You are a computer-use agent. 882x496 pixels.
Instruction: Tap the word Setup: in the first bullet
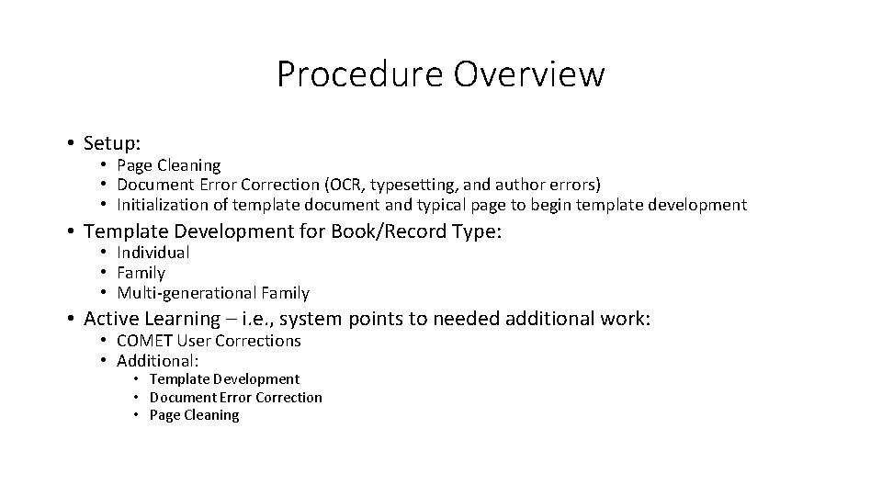(112, 143)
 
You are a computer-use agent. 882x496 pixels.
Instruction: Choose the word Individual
(153, 253)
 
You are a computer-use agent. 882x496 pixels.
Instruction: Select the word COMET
(145, 341)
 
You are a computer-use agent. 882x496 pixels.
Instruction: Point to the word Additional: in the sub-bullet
(159, 360)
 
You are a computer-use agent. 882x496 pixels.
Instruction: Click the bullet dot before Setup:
(70, 143)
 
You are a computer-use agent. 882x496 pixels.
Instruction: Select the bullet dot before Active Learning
(70, 319)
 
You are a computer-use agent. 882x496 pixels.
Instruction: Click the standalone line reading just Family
(141, 273)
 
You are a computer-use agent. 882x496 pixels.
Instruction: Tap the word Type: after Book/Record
(477, 231)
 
